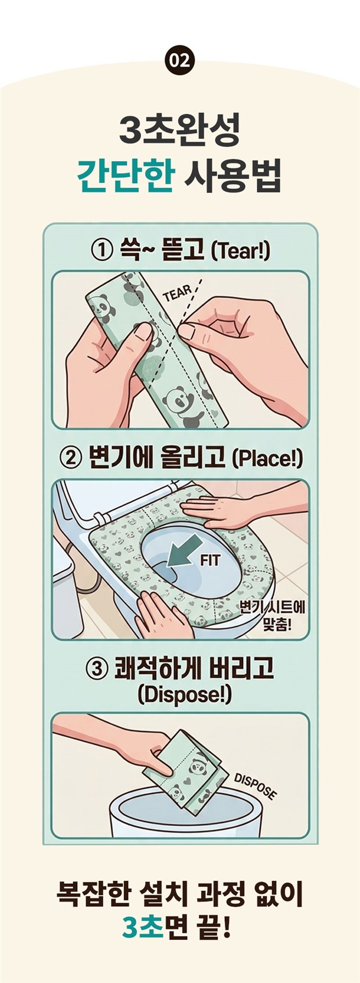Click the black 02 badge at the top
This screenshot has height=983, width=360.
click(180, 60)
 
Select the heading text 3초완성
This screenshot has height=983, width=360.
click(180, 131)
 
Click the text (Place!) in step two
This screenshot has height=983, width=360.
click(266, 459)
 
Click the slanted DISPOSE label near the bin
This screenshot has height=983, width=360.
click(256, 785)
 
